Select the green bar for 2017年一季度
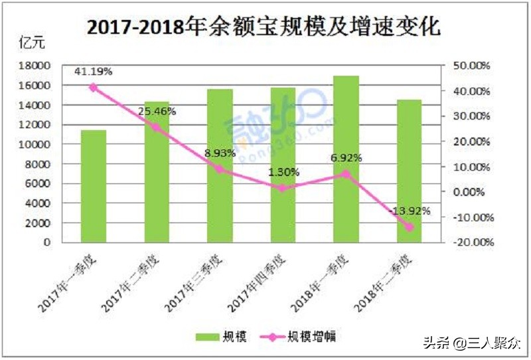pyautogui.click(x=93, y=186)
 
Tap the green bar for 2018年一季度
pyautogui.click(x=346, y=159)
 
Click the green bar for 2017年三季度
pyautogui.click(x=220, y=166)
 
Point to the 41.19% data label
pyautogui.click(x=93, y=70)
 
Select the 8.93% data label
pyautogui.click(x=220, y=153)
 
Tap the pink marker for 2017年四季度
pyautogui.click(x=283, y=188)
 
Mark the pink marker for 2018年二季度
pyautogui.click(x=409, y=227)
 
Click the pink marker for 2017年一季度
pyautogui.click(x=93, y=88)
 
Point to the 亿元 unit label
pyautogui.click(x=32, y=45)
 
